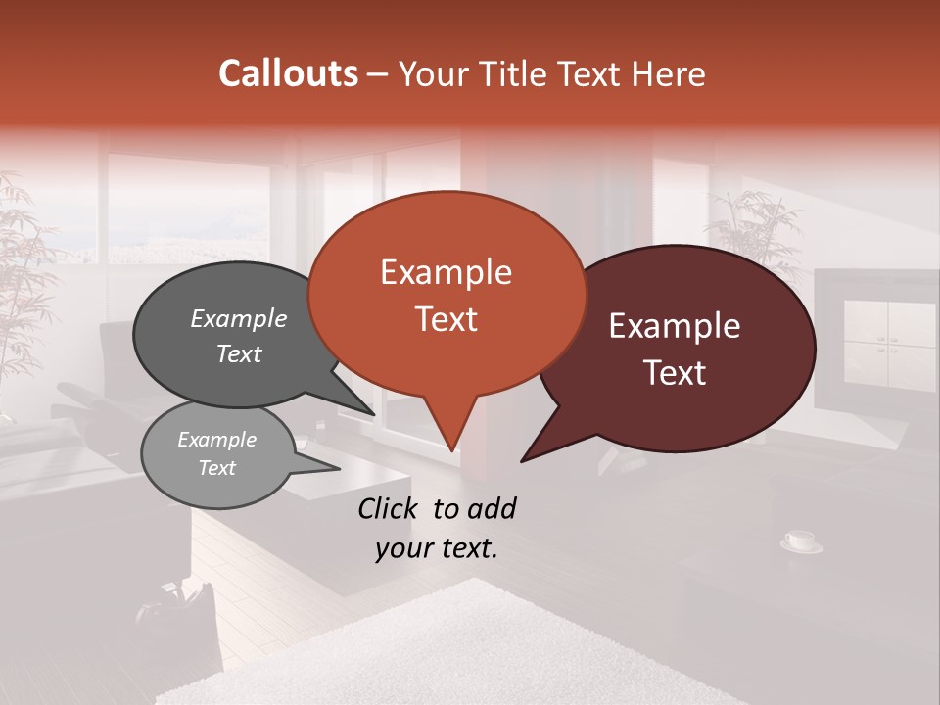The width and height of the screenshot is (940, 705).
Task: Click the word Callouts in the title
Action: [288, 73]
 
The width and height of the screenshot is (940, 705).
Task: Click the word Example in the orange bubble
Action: [446, 272]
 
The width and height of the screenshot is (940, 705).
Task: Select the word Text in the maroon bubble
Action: [676, 373]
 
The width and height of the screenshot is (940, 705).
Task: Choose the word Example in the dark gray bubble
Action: [239, 319]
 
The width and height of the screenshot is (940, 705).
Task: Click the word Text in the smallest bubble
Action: [216, 468]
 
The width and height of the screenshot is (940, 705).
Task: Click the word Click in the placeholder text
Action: [390, 508]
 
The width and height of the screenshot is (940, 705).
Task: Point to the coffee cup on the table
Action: [800, 540]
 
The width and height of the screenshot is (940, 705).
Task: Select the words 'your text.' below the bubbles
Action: [437, 548]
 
